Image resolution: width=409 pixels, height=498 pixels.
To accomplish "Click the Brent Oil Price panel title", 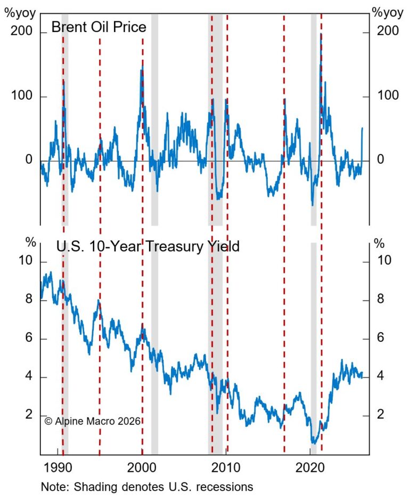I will (x=99, y=27).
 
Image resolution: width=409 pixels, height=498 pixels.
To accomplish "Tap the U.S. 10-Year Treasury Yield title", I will (x=148, y=246).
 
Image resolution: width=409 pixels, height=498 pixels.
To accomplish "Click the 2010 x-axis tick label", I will (x=226, y=470).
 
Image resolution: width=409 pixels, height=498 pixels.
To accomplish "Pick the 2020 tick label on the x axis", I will (x=310, y=470).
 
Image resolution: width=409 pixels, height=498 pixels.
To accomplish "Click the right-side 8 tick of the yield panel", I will (x=381, y=300).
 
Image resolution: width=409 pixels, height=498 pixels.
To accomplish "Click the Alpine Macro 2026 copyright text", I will (x=92, y=421).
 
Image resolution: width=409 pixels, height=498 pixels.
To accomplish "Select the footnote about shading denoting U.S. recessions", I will (x=146, y=487).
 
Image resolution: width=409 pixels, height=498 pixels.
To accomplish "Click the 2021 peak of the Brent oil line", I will (x=321, y=34).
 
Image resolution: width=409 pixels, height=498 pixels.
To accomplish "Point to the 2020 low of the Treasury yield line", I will (x=314, y=442).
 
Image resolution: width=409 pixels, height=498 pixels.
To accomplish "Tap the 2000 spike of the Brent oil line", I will (x=142, y=68).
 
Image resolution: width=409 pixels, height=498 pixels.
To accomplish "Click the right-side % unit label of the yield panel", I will (x=379, y=244).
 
